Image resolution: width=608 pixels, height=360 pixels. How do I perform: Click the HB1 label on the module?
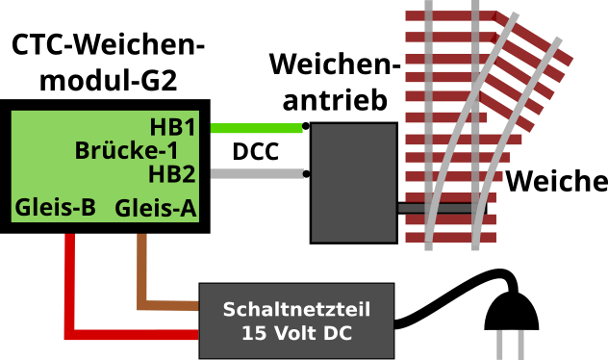[173, 127]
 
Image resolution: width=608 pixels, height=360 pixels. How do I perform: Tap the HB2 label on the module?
[173, 174]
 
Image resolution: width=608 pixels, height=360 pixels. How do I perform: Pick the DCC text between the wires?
[255, 152]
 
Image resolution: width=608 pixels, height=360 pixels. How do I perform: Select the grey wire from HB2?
[255, 174]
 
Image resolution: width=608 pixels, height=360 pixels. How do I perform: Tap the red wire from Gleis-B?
[69, 289]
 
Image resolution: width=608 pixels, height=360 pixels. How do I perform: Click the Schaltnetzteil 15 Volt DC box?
[296, 321]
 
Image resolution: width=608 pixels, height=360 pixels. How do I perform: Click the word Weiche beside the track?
[557, 181]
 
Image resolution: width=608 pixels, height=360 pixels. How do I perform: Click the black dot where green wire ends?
[306, 126]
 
